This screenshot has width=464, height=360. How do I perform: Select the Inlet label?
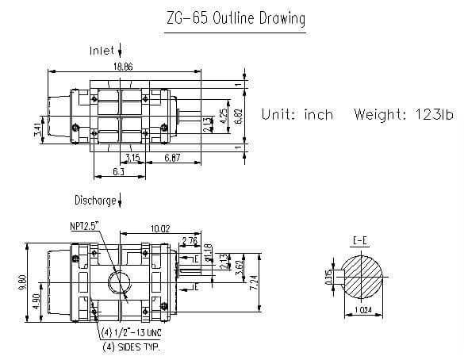coord(102,50)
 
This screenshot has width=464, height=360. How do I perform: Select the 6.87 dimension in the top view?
coord(173,159)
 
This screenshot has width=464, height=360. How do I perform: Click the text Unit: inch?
coord(297,114)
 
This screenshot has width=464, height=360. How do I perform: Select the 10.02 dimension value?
coord(160,230)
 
